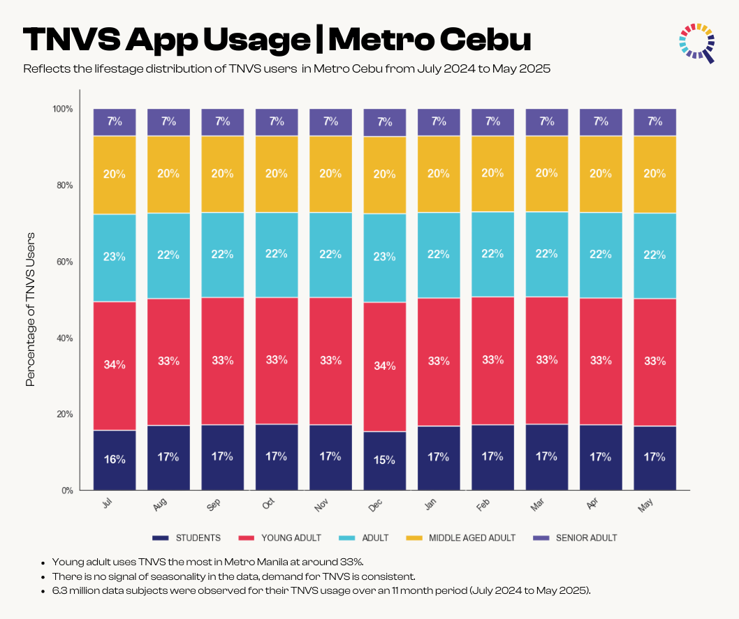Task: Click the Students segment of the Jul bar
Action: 115,460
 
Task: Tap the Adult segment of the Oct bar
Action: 277,255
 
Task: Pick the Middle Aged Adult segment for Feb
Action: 492,174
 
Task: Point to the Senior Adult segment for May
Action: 654,121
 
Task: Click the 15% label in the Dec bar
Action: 384,461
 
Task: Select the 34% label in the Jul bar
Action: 115,364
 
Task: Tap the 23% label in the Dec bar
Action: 384,257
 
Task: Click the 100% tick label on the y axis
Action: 62,109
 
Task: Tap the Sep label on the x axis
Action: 214,505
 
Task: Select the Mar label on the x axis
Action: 539,505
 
